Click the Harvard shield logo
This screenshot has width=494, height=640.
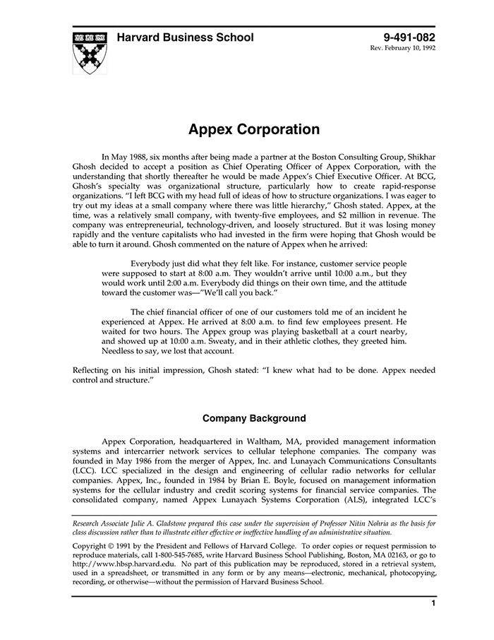click(x=90, y=52)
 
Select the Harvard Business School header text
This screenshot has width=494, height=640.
click(x=185, y=37)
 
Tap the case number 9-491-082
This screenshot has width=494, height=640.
click(x=409, y=37)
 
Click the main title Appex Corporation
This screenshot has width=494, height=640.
click(x=253, y=130)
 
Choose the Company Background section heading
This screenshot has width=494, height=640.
click(x=253, y=417)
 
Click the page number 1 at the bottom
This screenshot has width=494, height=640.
click(x=433, y=603)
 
